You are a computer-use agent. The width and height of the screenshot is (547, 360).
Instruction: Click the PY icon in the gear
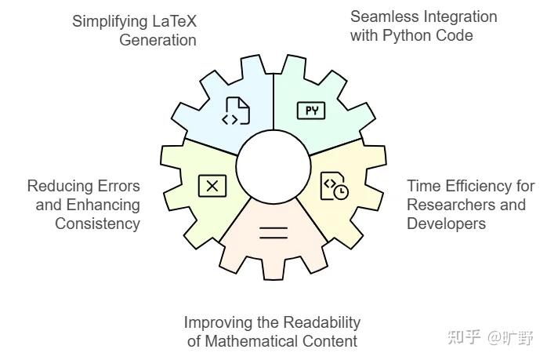point(311,111)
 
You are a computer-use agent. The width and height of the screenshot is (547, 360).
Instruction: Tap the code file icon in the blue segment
point(236,111)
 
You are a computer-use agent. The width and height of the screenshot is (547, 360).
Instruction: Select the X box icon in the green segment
point(212,186)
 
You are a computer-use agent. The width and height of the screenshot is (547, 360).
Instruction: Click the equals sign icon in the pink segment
point(273,233)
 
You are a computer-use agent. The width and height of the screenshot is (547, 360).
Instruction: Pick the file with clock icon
point(334,186)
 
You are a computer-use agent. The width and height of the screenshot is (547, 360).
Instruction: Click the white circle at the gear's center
point(273,166)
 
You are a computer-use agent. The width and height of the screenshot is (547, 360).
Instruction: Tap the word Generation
point(158,40)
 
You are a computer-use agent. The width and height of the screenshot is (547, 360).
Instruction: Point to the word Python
point(408,36)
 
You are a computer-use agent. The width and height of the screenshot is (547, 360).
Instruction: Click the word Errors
point(118,186)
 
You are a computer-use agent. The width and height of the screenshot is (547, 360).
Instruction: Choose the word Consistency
point(97,224)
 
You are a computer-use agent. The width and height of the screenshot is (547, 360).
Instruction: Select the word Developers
point(446,224)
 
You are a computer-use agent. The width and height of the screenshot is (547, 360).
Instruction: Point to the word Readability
point(321,322)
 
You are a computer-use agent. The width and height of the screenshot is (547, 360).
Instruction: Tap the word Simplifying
point(106,22)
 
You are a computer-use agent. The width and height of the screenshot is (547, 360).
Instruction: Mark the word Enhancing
point(103,205)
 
